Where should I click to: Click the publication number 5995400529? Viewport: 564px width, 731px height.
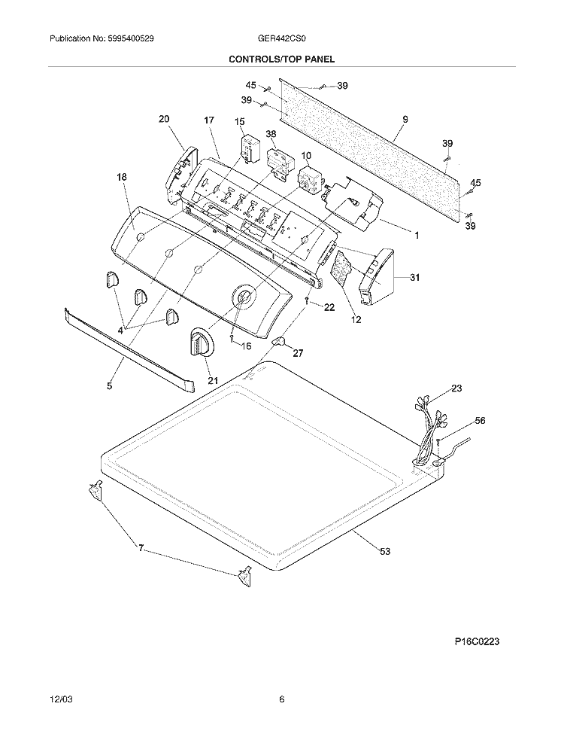[x=125, y=38]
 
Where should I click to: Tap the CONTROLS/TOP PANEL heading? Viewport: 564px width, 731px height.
[x=281, y=59]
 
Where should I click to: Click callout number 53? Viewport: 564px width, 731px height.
[x=385, y=552]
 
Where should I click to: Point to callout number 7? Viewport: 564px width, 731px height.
[x=141, y=548]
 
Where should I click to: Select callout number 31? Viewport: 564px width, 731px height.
[x=414, y=277]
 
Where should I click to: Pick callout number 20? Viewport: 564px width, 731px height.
[x=164, y=119]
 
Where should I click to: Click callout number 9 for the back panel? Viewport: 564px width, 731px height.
[x=405, y=120]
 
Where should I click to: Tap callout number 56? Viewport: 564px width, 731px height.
[x=479, y=421]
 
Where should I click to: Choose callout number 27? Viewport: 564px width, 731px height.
[x=298, y=353]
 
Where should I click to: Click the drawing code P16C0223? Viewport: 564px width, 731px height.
[x=477, y=641]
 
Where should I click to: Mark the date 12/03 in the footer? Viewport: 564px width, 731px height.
[x=61, y=700]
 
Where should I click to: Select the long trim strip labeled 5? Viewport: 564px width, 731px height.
[x=129, y=349]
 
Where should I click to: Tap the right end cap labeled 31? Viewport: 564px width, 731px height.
[x=375, y=277]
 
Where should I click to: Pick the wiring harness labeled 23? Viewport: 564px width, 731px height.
[x=429, y=430]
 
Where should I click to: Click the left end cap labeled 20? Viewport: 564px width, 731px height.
[x=182, y=175]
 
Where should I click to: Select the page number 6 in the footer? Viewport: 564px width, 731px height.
[x=281, y=699]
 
